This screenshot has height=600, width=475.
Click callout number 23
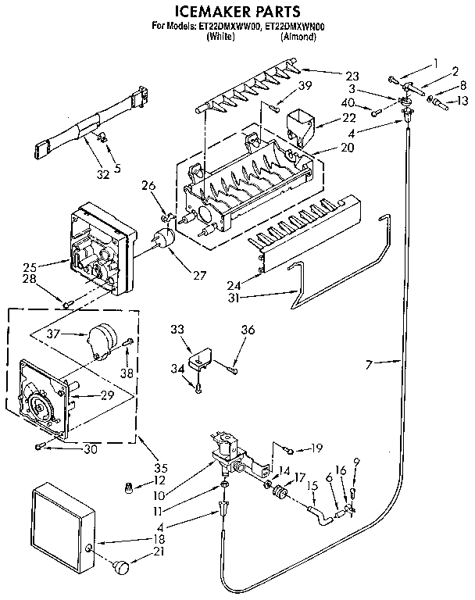point(352,76)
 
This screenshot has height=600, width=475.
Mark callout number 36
point(247,330)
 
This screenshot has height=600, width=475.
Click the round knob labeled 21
point(121,564)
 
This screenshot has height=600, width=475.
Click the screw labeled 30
point(39,446)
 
